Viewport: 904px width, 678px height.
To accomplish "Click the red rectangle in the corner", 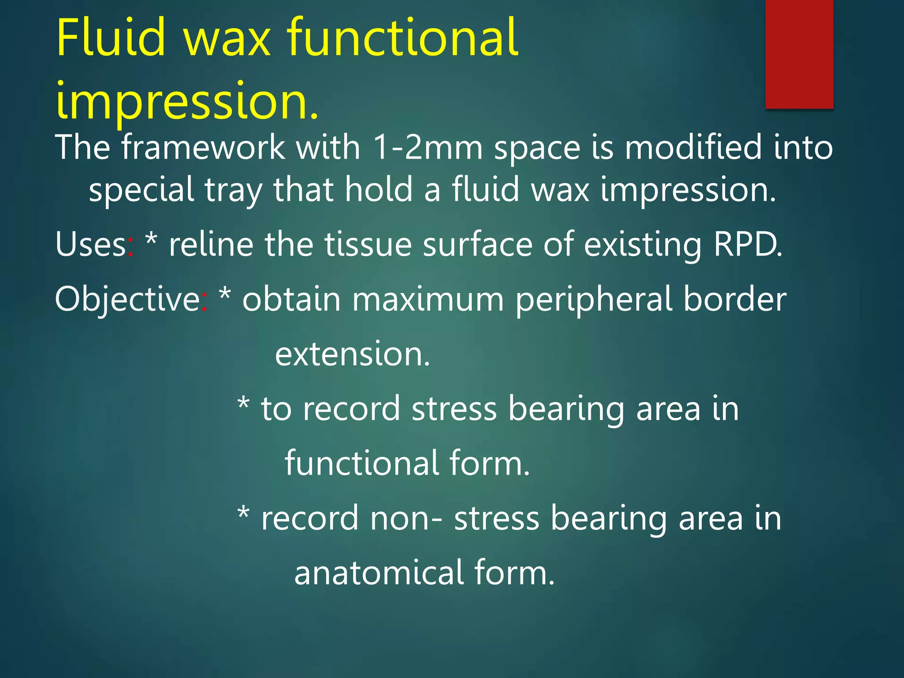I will (799, 54).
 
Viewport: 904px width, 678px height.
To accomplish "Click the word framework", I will (203, 147).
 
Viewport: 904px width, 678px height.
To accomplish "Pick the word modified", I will (693, 147).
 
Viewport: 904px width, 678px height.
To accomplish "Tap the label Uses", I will (90, 245).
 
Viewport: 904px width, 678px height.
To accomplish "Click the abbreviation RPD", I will (748, 245).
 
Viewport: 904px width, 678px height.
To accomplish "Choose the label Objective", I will (127, 300).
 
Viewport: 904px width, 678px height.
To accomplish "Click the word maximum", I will (428, 300).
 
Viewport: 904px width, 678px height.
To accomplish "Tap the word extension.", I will (352, 354).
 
